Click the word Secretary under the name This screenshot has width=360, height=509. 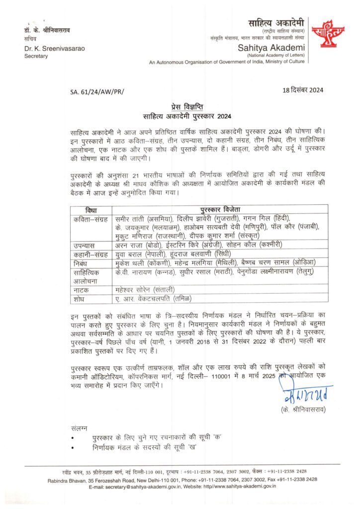(x=36, y=56)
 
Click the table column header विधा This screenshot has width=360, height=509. (x=90, y=210)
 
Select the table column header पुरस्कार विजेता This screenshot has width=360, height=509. (x=223, y=210)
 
